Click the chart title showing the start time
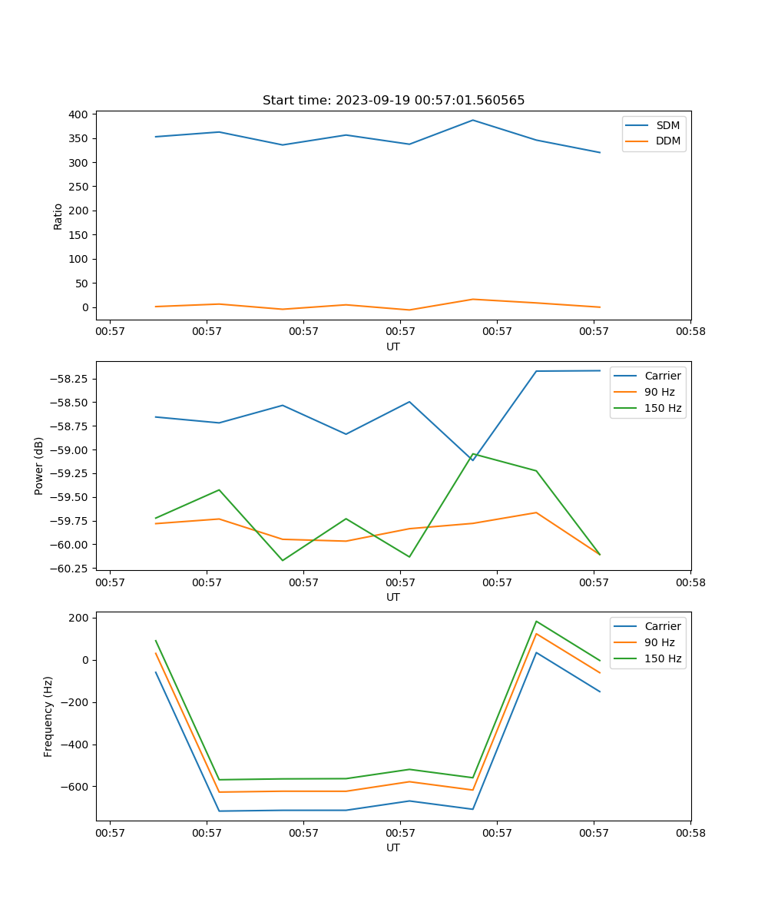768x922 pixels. (x=393, y=101)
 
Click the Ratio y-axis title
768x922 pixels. (x=58, y=216)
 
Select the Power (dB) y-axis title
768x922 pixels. (x=39, y=466)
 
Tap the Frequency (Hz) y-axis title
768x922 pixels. (x=48, y=716)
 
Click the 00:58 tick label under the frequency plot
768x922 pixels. (x=690, y=833)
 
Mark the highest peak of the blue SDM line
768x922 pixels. (x=473, y=120)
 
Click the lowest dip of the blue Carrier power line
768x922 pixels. (x=472, y=460)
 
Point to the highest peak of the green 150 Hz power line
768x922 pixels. (x=473, y=453)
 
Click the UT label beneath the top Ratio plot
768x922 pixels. (x=393, y=347)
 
